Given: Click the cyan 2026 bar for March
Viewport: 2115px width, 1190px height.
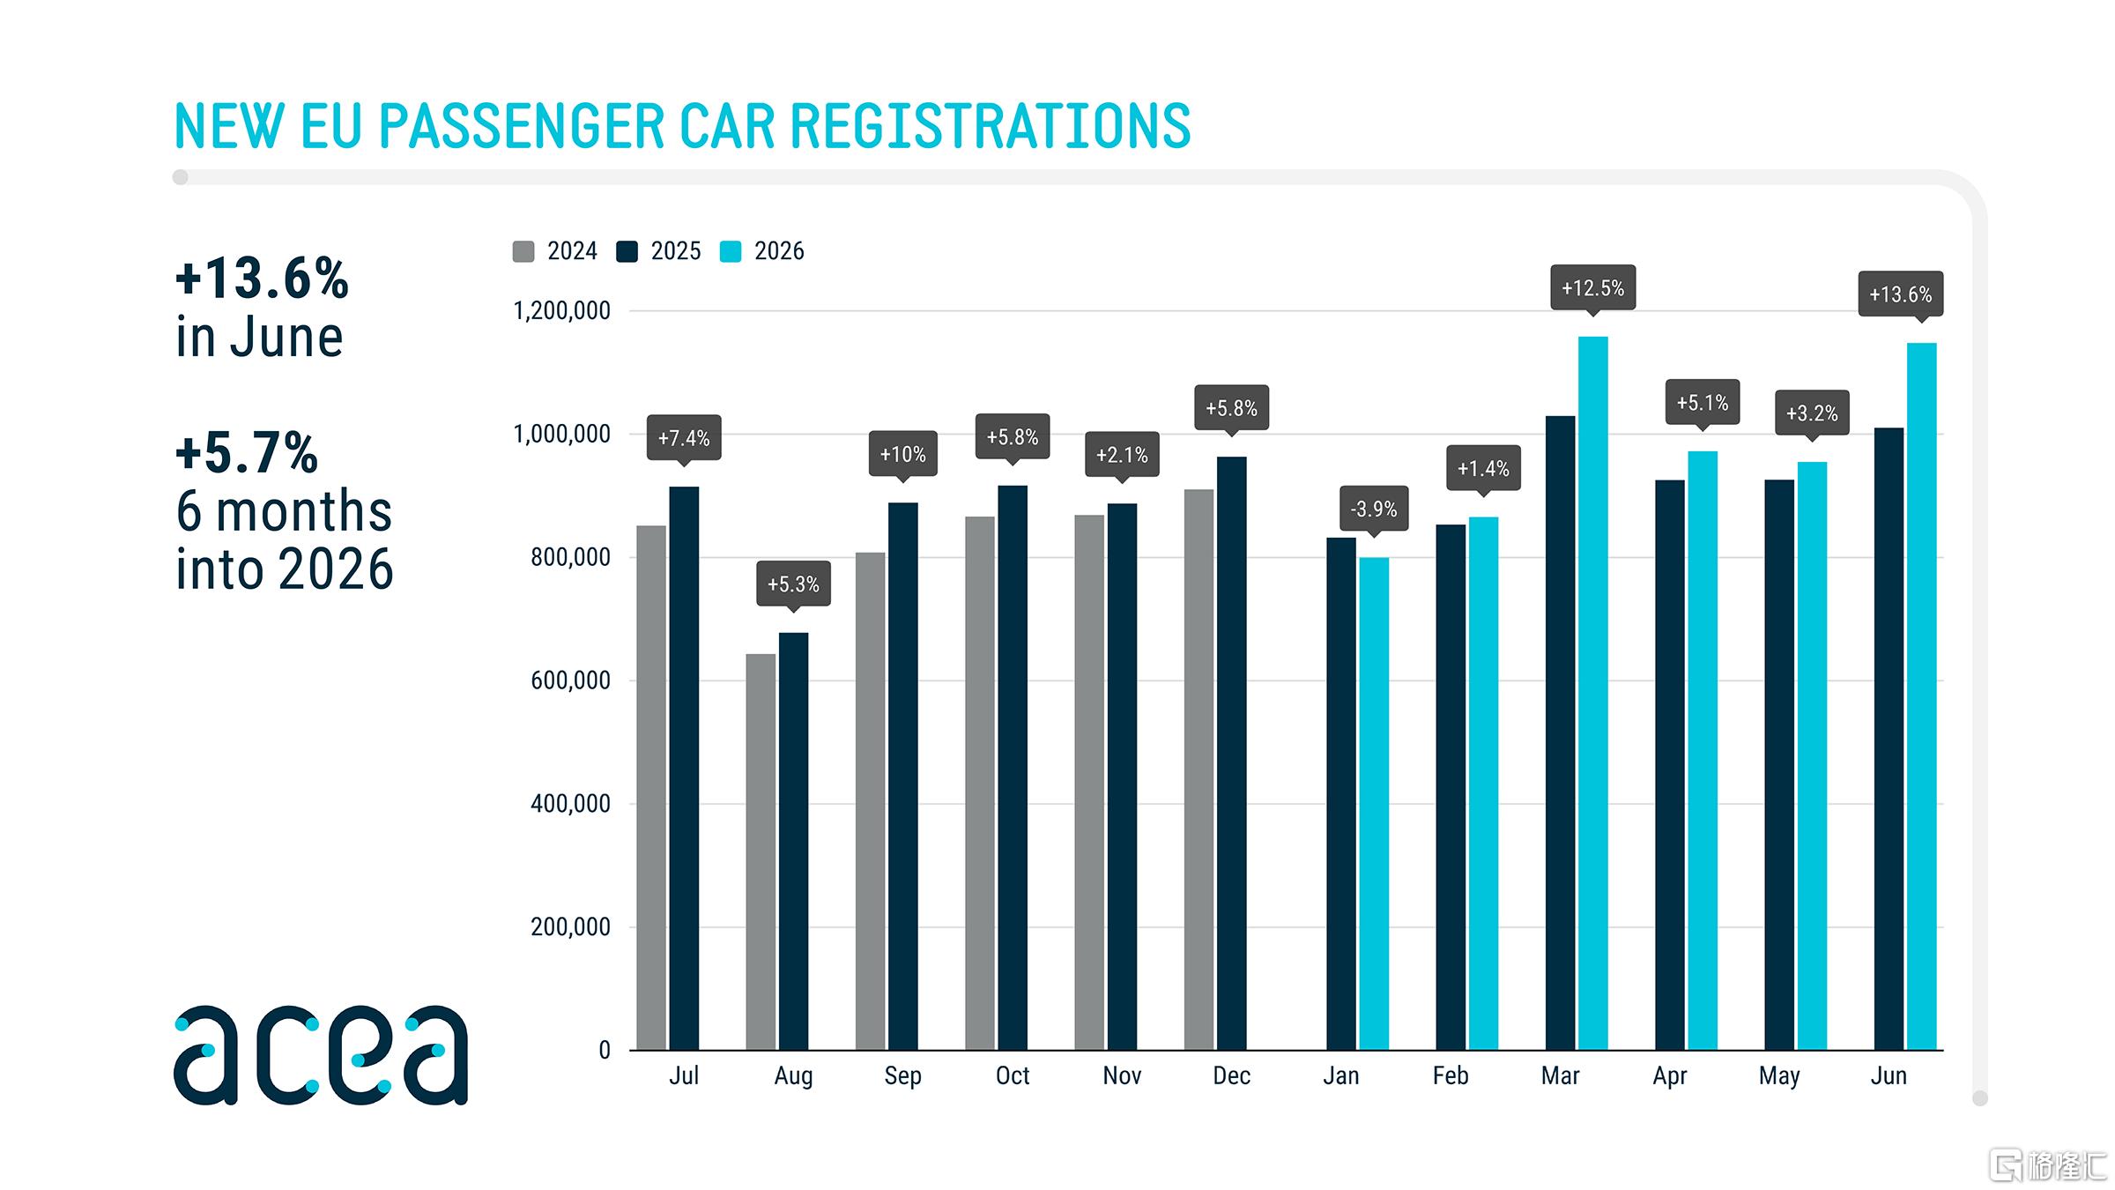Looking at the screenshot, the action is (x=1592, y=693).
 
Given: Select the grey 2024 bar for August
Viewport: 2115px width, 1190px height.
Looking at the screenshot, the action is (x=761, y=852).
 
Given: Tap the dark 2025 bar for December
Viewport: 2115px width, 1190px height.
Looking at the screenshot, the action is (x=1231, y=753).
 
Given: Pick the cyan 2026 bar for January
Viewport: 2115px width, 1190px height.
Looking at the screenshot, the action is (x=1374, y=803).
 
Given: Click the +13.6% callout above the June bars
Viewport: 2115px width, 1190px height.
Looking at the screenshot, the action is (x=1901, y=294).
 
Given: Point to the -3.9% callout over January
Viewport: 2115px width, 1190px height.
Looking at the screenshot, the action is (x=1374, y=509).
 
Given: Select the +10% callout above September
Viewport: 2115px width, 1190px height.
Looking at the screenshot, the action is (x=902, y=455).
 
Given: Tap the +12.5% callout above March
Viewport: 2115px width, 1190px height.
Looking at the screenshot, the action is (x=1592, y=288).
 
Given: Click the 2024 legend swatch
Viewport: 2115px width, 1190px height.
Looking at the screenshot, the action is (x=523, y=251).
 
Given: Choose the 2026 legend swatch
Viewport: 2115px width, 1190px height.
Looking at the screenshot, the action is (x=731, y=251).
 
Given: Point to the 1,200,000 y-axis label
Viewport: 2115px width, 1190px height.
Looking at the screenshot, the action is (x=562, y=310).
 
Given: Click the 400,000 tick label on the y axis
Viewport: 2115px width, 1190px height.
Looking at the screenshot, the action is (x=570, y=804).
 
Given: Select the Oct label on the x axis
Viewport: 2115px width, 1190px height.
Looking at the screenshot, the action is (x=1013, y=1075).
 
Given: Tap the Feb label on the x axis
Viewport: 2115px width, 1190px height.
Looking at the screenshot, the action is (x=1451, y=1075).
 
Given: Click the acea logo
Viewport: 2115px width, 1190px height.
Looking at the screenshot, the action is (x=321, y=1054).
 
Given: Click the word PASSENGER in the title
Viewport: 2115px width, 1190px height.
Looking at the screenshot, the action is (x=521, y=125).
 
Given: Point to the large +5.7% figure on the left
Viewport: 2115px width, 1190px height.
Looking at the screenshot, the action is (x=247, y=452).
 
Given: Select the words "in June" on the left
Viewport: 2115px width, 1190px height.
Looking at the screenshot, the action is (x=259, y=337).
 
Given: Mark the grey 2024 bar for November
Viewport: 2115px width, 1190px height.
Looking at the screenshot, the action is (x=1089, y=783).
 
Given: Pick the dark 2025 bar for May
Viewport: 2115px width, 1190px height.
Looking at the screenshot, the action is (x=1779, y=765).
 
